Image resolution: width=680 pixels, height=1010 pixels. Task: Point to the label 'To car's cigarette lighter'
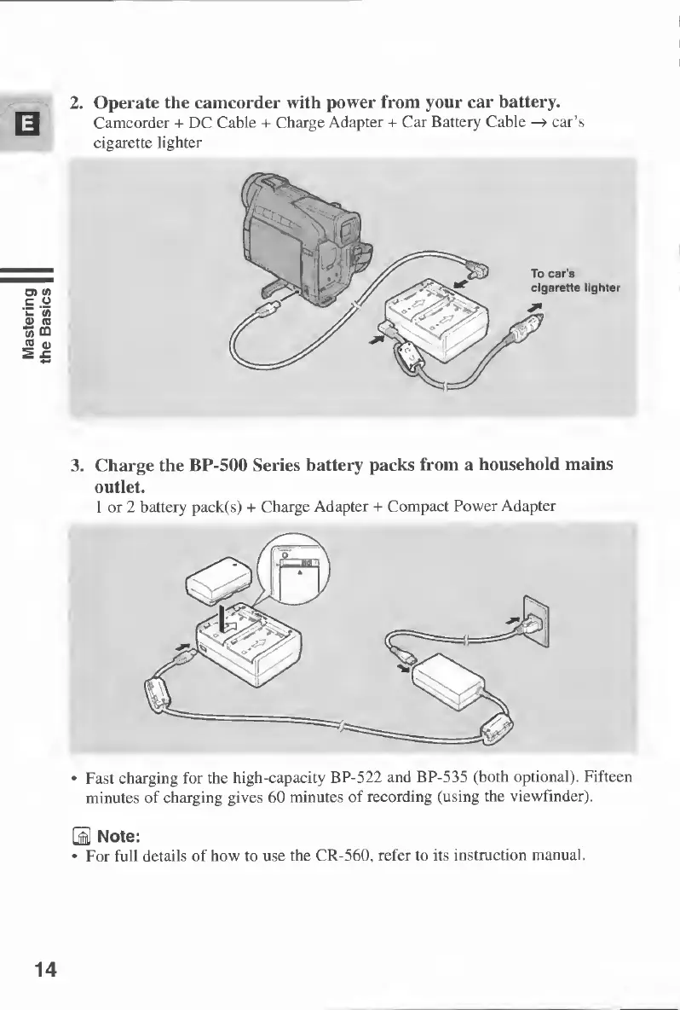click(x=576, y=281)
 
